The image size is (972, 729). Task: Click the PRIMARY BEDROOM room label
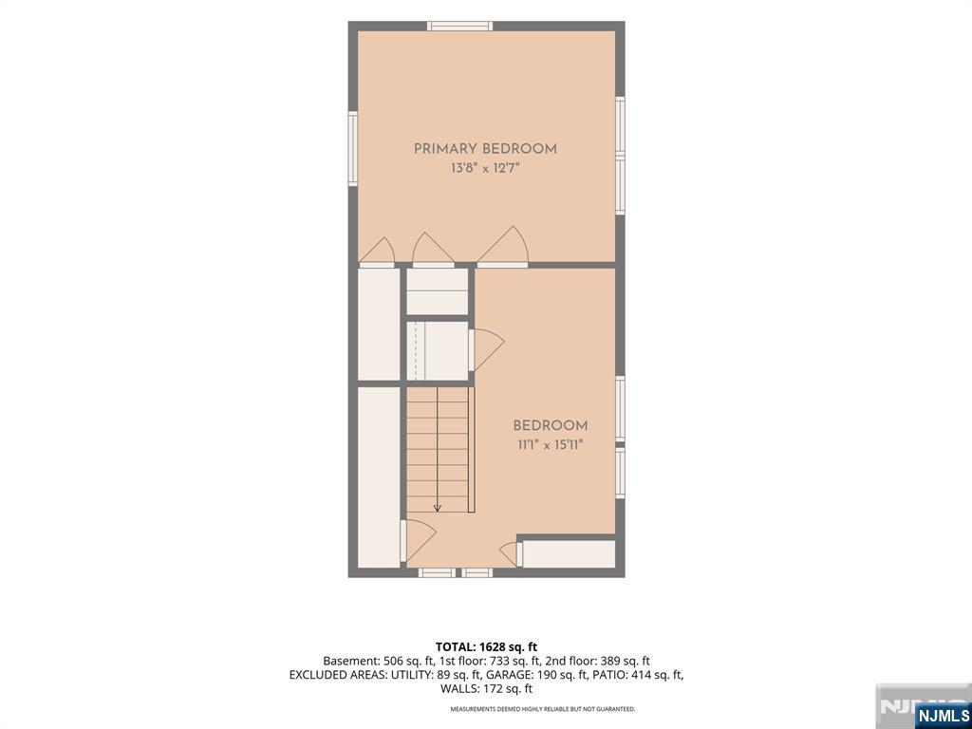point(485,149)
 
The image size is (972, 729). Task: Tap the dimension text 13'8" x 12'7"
point(485,168)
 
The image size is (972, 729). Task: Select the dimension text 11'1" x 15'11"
point(551,444)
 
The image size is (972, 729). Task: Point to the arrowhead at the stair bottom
point(437,508)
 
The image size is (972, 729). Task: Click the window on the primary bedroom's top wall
point(460,26)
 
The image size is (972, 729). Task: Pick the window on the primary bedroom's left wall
point(353,148)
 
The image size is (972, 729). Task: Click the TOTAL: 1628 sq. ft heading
point(486,647)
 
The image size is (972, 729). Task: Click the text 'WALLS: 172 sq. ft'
point(486,688)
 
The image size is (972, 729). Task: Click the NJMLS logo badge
point(943,716)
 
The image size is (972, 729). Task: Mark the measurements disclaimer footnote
point(542,708)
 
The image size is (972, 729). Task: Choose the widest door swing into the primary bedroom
point(503,247)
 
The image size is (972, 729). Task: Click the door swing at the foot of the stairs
point(419,540)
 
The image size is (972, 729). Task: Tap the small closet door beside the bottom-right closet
point(510,553)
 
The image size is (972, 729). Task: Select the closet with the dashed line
point(437,350)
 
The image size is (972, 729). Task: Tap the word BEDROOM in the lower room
point(551,426)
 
